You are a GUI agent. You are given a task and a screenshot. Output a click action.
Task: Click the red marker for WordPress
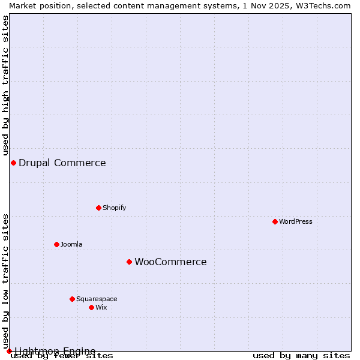click(275, 221)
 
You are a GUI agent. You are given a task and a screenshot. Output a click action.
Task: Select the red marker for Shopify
click(98, 208)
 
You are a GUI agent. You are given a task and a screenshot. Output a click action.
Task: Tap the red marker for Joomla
click(56, 244)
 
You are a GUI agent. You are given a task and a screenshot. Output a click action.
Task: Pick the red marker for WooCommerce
click(129, 262)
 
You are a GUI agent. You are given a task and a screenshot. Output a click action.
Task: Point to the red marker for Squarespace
click(72, 299)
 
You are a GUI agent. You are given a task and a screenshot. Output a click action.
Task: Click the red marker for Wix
click(91, 307)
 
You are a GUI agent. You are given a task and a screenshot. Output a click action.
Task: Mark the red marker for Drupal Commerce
click(13, 163)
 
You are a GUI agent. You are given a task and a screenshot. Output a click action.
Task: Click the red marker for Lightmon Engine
click(9, 351)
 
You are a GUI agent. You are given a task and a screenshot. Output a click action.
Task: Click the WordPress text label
click(296, 221)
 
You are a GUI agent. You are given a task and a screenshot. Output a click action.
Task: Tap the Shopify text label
click(115, 208)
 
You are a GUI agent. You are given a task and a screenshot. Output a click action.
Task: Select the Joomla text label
click(71, 244)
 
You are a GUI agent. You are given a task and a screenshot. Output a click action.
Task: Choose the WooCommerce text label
click(170, 262)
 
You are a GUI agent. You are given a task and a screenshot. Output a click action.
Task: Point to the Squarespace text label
click(97, 299)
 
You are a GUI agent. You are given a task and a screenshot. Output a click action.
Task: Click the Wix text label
click(101, 307)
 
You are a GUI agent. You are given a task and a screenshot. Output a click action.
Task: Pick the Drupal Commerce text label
click(62, 163)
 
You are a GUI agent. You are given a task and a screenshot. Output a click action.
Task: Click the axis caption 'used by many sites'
click(301, 356)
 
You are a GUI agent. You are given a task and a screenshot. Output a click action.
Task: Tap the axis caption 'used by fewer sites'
click(62, 356)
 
